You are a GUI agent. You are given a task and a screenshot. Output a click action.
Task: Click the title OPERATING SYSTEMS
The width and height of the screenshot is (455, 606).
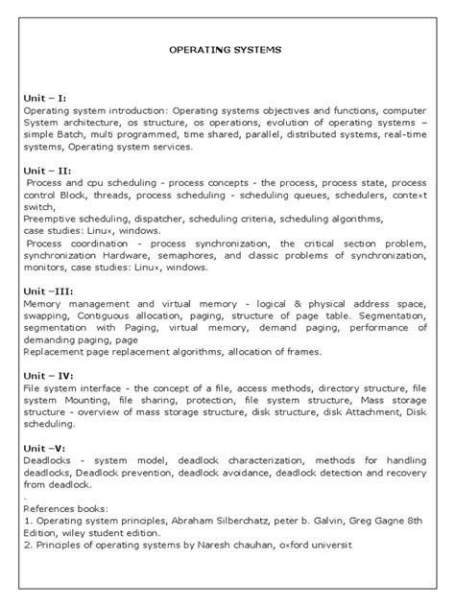[226, 46]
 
